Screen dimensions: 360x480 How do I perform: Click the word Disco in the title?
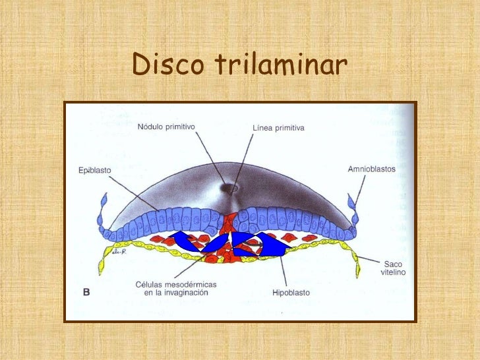[169, 65]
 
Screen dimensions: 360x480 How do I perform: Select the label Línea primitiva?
[278, 128]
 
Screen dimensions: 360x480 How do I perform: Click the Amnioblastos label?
[371, 169]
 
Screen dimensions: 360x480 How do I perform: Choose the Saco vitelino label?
[393, 268]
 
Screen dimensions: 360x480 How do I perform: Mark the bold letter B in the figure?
[85, 292]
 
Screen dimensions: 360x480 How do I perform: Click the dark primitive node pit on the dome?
[230, 188]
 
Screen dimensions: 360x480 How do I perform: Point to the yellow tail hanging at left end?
[103, 264]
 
